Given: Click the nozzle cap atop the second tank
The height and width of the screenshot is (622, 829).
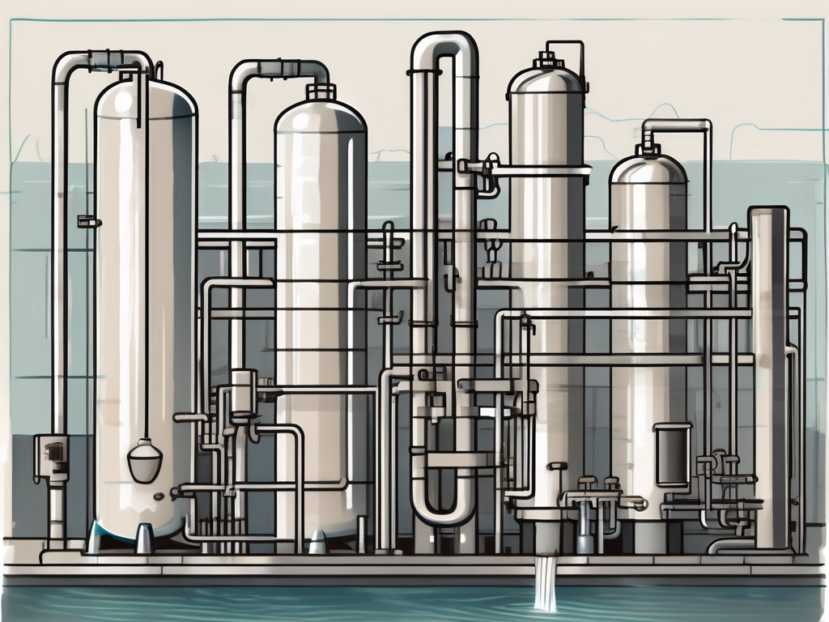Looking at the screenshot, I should (321, 92).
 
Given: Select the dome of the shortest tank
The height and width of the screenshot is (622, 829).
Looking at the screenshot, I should (648, 170).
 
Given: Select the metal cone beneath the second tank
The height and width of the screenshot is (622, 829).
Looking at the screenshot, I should (318, 541).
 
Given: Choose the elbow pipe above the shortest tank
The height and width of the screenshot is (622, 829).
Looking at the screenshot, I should (676, 127).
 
